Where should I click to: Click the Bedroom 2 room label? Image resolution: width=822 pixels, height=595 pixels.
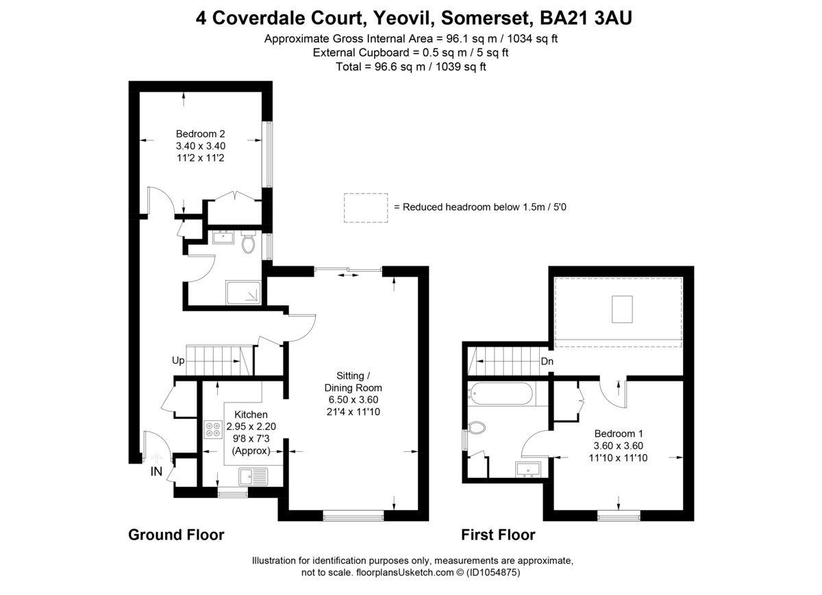click(x=201, y=134)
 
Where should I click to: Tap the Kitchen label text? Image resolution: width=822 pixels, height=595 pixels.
click(x=251, y=415)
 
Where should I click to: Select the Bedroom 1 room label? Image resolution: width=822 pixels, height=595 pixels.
click(x=619, y=433)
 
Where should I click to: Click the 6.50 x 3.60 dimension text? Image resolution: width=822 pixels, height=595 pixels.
click(x=353, y=400)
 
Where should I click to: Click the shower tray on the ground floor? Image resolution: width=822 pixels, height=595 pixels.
click(x=243, y=292)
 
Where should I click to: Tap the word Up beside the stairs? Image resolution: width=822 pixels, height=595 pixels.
click(x=178, y=361)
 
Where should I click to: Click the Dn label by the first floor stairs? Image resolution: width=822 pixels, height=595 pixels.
click(x=547, y=362)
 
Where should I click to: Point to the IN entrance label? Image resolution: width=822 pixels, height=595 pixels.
click(x=157, y=471)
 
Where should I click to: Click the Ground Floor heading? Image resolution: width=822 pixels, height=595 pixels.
click(x=176, y=535)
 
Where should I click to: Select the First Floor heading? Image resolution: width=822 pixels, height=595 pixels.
click(x=498, y=535)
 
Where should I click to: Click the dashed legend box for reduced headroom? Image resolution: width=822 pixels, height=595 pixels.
click(x=366, y=207)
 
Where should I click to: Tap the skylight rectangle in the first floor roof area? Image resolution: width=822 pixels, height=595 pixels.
click(x=622, y=309)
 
